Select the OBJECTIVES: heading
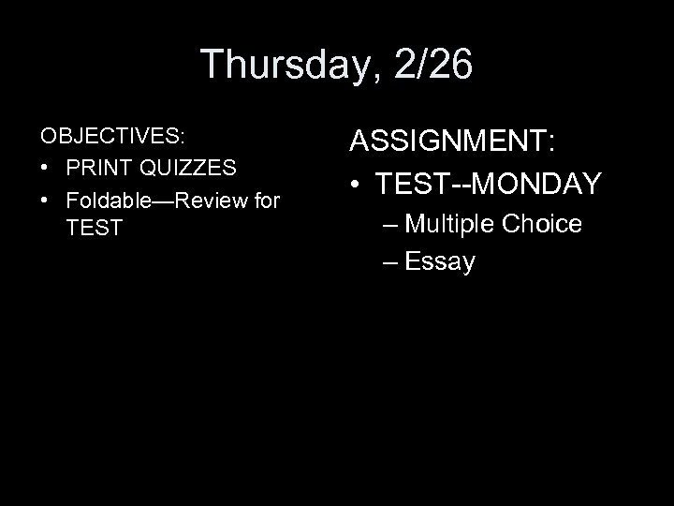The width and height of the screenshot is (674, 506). coord(113,136)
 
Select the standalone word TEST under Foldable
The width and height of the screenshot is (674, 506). coord(95,229)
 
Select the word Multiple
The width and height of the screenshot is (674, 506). coord(452,225)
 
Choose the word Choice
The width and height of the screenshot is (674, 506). coord(542,224)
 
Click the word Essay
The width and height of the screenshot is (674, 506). coord(441,262)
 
